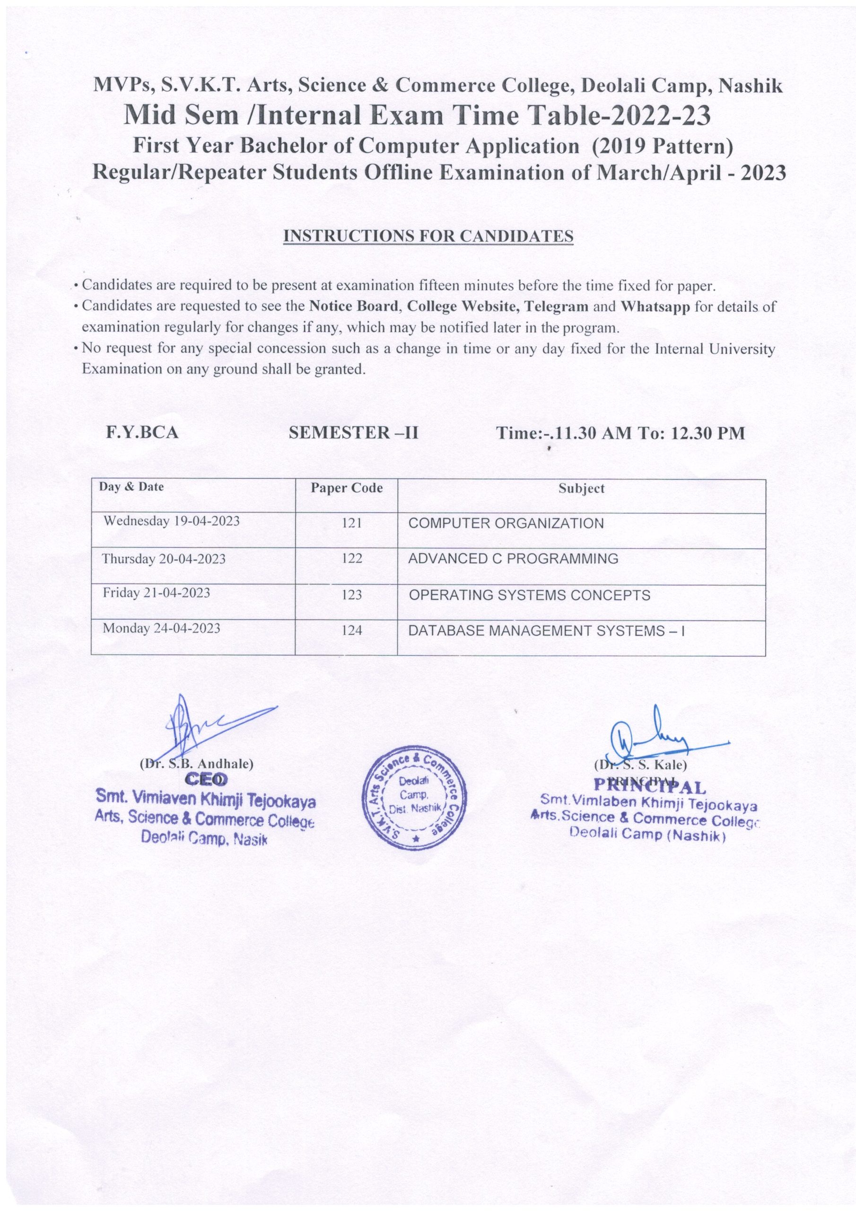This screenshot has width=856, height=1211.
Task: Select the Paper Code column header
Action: point(346,488)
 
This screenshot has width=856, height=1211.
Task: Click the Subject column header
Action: point(581,488)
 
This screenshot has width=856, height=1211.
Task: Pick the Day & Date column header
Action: point(131,487)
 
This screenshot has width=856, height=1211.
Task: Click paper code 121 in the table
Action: point(352,523)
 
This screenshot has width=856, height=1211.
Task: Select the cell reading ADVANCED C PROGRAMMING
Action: point(513,559)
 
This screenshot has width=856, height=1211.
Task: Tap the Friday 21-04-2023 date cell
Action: point(156,593)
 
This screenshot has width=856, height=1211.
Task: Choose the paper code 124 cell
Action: point(352,630)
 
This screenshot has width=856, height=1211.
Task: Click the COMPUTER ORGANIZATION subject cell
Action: point(506,523)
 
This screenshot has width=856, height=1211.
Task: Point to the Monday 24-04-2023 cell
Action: point(161,628)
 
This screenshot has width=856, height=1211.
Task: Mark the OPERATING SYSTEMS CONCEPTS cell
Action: point(530,595)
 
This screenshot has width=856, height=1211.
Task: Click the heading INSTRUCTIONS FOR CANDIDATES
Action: point(428,237)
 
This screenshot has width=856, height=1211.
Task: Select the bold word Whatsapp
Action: point(655,307)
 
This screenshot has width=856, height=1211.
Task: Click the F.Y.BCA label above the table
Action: point(142,433)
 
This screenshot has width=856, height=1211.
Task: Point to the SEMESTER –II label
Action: point(353,433)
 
